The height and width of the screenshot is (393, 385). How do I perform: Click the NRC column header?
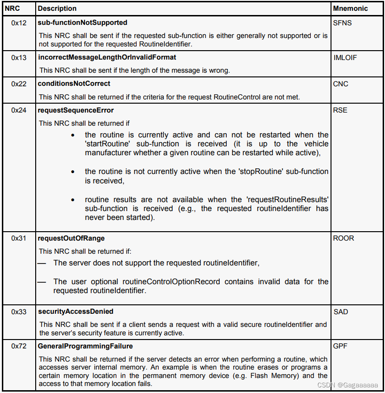click(12, 8)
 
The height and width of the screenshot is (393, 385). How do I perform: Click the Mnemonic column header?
click(350, 8)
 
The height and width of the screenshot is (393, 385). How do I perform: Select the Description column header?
click(57, 8)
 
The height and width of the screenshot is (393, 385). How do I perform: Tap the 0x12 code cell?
click(19, 23)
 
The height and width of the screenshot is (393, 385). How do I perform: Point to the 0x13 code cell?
click(19, 57)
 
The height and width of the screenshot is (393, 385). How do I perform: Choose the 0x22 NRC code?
click(19, 83)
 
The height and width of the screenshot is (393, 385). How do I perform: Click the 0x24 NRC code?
click(19, 110)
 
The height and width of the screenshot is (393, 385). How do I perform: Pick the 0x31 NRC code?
click(19, 238)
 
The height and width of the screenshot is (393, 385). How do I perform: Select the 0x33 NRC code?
click(19, 311)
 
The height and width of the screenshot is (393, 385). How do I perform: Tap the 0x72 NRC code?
click(19, 346)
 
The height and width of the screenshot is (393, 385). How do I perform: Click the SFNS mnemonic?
click(342, 23)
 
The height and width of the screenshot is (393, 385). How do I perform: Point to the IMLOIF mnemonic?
click(345, 57)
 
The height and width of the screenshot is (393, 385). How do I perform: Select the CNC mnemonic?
click(340, 83)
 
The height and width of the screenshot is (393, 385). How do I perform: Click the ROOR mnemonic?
click(343, 238)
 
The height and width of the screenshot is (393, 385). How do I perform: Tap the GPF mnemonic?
click(340, 346)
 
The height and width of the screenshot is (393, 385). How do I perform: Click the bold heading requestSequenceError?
click(76, 110)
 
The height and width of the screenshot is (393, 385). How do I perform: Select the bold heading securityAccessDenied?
click(75, 311)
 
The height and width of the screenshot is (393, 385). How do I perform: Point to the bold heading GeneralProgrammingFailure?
click(85, 346)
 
